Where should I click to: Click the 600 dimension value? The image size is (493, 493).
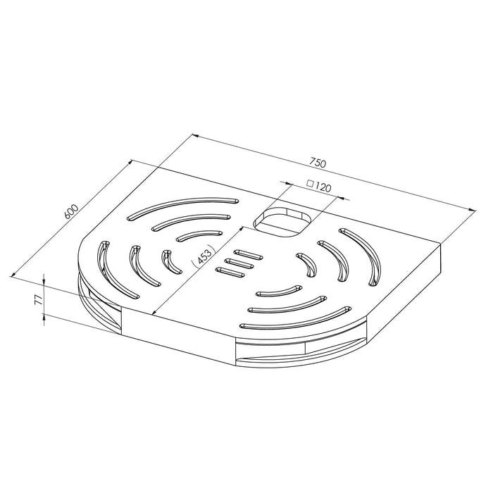point(70,212)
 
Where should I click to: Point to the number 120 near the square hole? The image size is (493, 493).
point(323,188)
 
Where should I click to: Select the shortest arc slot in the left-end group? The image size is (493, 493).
point(168,260)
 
